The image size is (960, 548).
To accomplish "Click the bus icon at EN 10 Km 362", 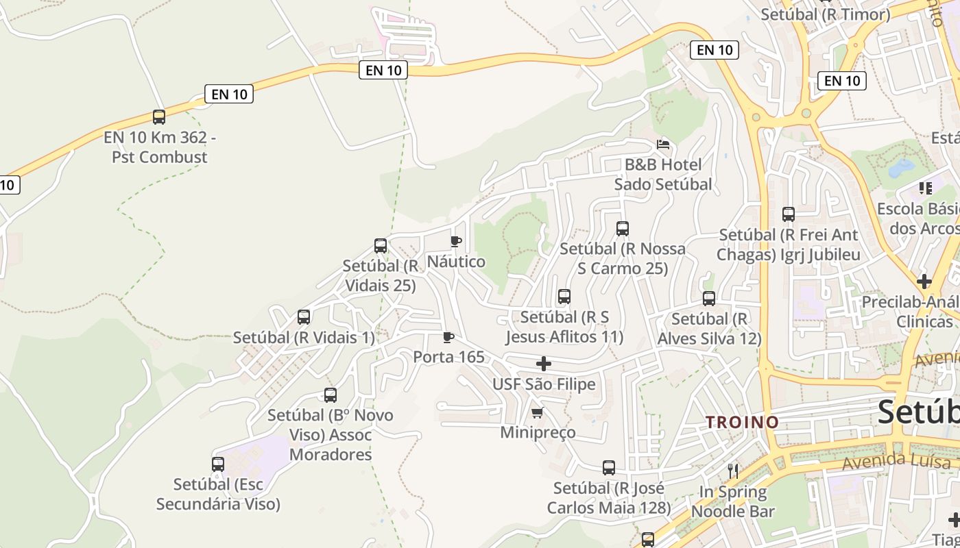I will [x=159, y=117].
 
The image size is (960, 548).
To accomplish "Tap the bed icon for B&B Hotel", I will [x=663, y=145].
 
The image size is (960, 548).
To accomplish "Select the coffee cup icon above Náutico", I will [x=455, y=241].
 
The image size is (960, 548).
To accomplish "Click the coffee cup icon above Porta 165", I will [x=448, y=337].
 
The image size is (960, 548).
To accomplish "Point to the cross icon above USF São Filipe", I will [x=544, y=364].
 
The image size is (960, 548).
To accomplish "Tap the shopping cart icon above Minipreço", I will [x=538, y=412].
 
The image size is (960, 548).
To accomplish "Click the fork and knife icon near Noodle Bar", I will [x=733, y=471].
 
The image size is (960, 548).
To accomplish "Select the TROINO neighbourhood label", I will [x=743, y=422].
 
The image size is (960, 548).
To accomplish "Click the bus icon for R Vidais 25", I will [x=381, y=246].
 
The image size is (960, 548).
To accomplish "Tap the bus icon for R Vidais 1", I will [x=304, y=317].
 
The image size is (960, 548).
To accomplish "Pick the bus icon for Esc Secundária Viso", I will [x=218, y=464].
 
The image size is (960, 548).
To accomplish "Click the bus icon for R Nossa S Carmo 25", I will [x=623, y=229].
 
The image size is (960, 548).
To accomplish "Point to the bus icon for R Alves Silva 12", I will [x=709, y=299].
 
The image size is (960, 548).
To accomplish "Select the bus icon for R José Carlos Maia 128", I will [x=609, y=468].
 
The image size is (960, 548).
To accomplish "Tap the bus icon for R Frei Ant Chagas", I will [x=789, y=214].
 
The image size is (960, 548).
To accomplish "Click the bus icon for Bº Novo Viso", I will [x=331, y=395].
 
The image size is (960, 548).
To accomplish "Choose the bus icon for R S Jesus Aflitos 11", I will [x=564, y=297].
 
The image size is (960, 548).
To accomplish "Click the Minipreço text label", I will [x=538, y=433].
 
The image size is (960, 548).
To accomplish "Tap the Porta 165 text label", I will [x=448, y=357].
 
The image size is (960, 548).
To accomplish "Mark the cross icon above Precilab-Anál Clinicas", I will [x=924, y=282].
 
